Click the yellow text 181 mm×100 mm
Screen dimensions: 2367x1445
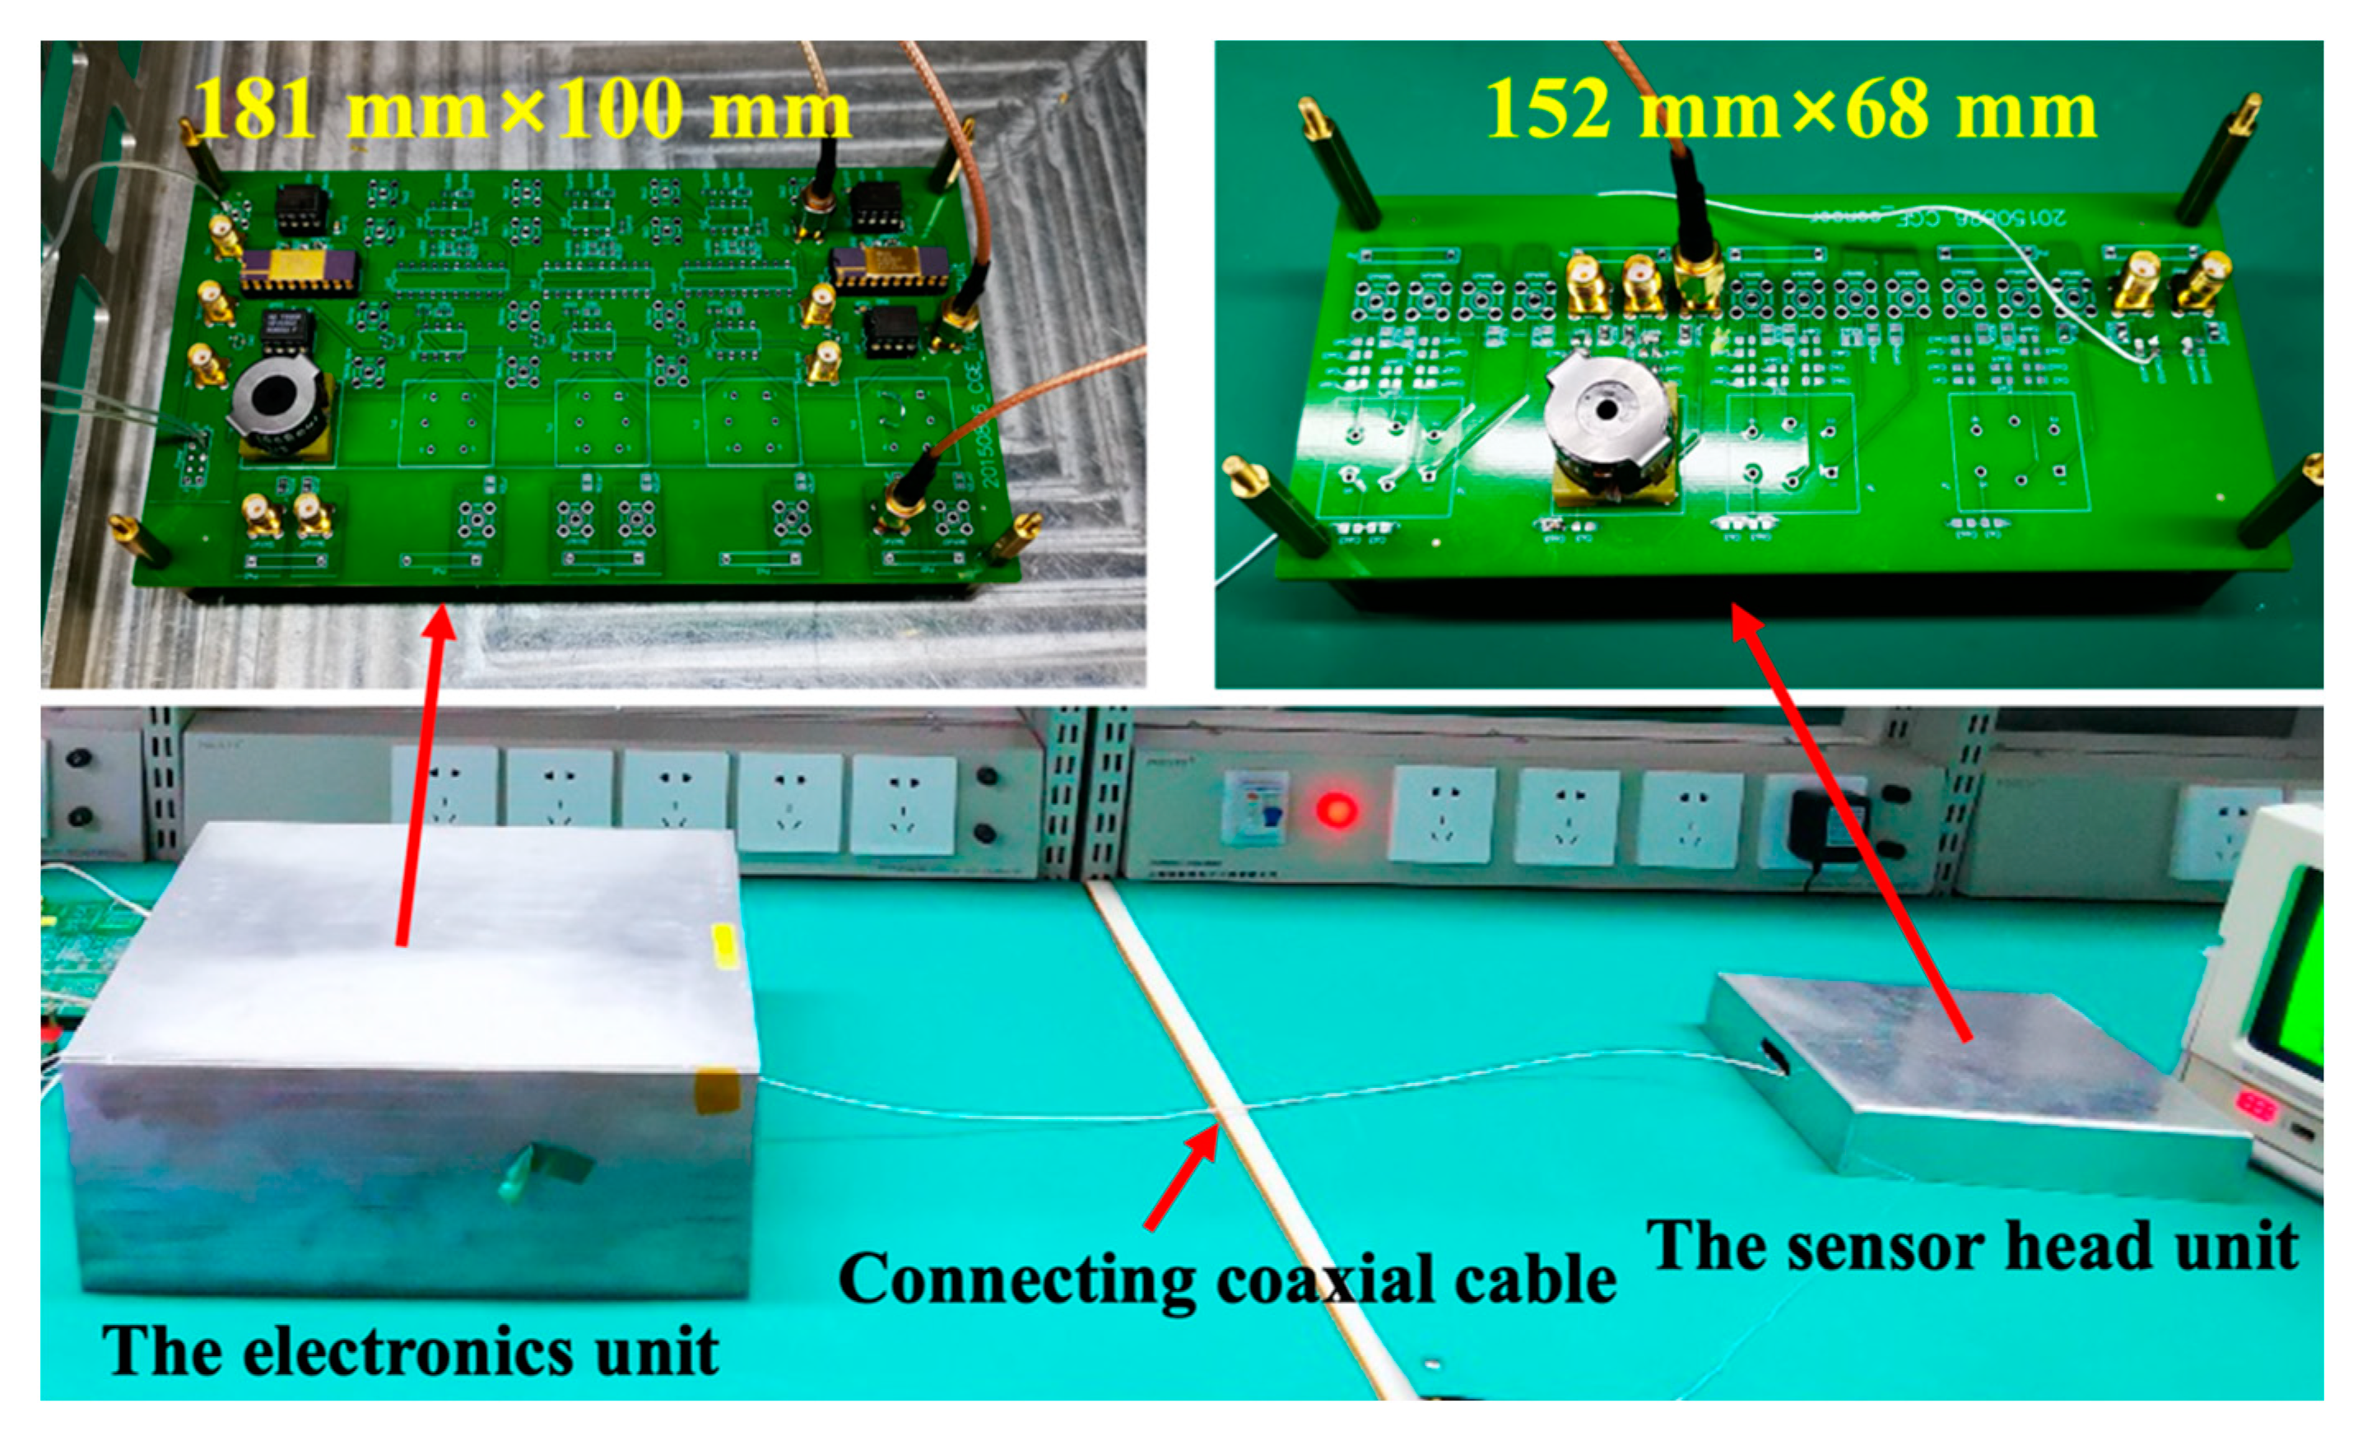point(522,109)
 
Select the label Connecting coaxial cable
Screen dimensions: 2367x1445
point(1227,1279)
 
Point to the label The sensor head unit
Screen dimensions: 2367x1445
point(1972,1246)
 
